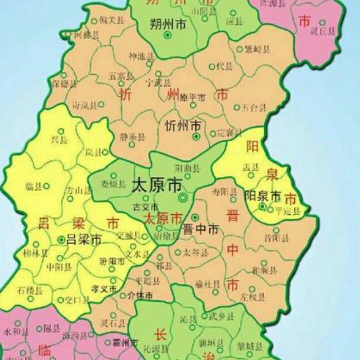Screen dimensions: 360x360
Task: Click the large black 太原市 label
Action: pyautogui.click(x=156, y=186)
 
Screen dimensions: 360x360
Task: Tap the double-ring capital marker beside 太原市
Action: pyautogui.click(x=183, y=198)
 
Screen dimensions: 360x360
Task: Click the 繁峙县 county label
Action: pyautogui.click(x=259, y=49)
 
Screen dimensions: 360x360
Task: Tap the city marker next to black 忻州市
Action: pyautogui.click(x=196, y=136)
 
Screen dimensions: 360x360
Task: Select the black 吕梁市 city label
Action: pyautogui.click(x=84, y=240)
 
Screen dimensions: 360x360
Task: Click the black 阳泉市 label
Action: pyautogui.click(x=263, y=197)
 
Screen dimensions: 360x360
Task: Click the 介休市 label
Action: pyautogui.click(x=140, y=295)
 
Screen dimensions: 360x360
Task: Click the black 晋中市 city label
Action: pyautogui.click(x=201, y=230)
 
